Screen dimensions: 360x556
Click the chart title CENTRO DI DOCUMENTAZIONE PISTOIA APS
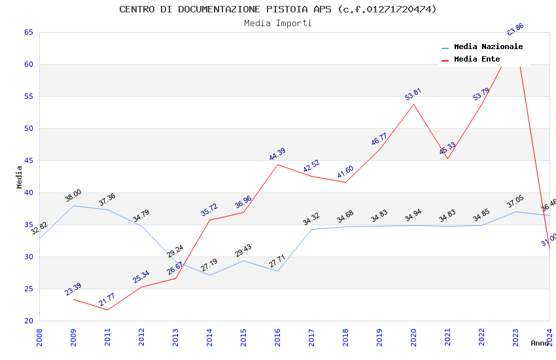pyautogui.click(x=278, y=9)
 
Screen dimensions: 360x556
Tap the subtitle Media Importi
pyautogui.click(x=278, y=23)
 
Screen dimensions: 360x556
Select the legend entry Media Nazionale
pyautogui.click(x=488, y=47)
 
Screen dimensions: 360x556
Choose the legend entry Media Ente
pyautogui.click(x=477, y=60)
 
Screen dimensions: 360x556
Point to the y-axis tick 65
pyautogui.click(x=28, y=32)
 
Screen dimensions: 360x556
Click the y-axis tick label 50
pyautogui.click(x=28, y=128)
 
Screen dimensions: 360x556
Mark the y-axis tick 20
pyautogui.click(x=28, y=321)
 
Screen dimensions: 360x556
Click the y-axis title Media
pyautogui.click(x=19, y=177)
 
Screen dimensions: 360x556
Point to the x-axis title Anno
pyautogui.click(x=540, y=343)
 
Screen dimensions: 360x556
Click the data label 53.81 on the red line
pyautogui.click(x=413, y=94)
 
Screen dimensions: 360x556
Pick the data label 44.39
pyautogui.click(x=277, y=154)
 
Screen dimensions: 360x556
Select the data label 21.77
pyautogui.click(x=107, y=300)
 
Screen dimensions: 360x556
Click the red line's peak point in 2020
pyautogui.click(x=413, y=104)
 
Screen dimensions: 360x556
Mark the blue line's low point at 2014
pyautogui.click(x=209, y=275)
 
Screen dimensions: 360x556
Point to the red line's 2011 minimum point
pyautogui.click(x=107, y=310)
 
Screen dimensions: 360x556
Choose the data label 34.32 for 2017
pyautogui.click(x=311, y=219)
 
